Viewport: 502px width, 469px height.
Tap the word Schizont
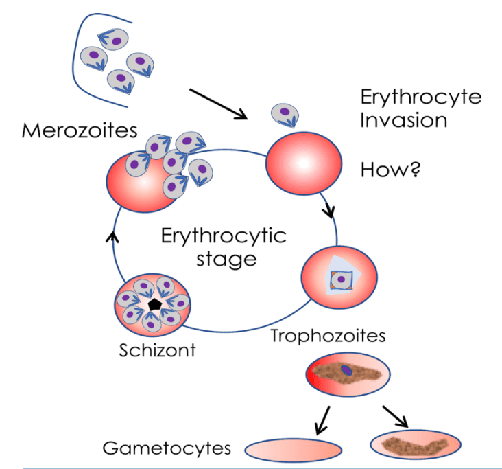[157, 350]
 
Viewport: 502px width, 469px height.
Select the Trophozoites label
[328, 336]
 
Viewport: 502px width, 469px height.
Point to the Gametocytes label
[166, 448]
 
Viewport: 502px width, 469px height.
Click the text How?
[390, 168]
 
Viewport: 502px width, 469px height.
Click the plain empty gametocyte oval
[293, 450]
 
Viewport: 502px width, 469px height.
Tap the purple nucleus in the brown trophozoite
[348, 371]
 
